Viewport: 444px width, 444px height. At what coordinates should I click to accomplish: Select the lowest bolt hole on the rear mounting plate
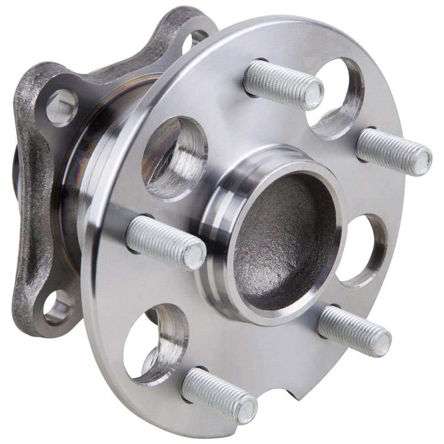coord(58,306)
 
